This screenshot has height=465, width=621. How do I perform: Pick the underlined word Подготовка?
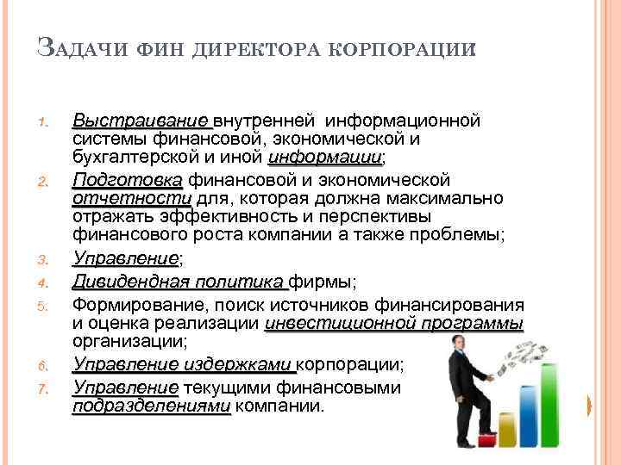pyautogui.click(x=127, y=180)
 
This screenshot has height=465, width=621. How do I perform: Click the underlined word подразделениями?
pyautogui.click(x=151, y=405)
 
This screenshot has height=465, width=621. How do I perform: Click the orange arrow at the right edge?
pyautogui.click(x=589, y=405)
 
